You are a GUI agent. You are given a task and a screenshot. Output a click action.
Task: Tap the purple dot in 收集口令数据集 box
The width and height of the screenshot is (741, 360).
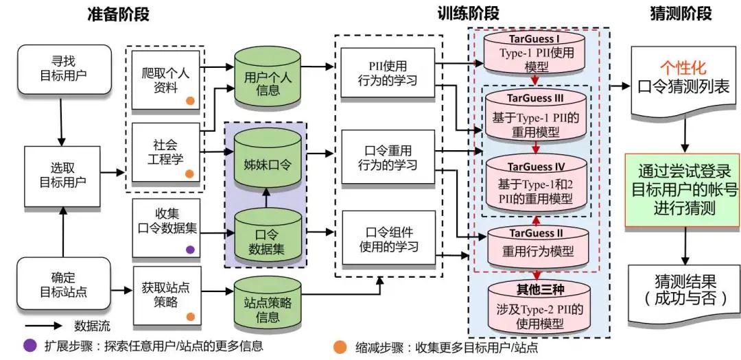coord(190,250)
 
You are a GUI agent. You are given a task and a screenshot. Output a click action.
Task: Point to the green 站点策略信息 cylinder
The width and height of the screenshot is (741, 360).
coord(268,305)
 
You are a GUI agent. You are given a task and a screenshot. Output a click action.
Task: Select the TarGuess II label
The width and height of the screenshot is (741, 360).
coord(537,235)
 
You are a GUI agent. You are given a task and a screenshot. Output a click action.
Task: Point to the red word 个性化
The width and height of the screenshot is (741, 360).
coord(683,67)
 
